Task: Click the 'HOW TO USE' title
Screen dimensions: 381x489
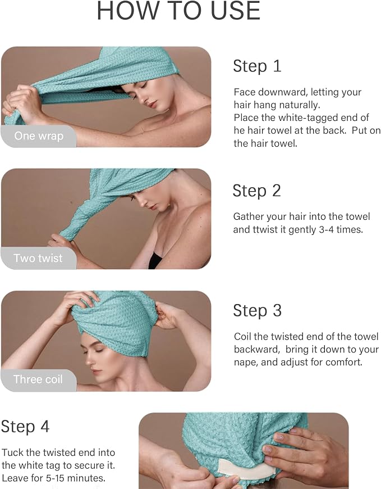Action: click(178, 11)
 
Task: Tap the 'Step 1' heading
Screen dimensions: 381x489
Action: click(257, 66)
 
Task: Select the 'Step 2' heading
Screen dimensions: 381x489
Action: click(257, 191)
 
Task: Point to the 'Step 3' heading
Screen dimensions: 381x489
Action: click(258, 311)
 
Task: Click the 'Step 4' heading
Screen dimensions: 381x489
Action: click(25, 426)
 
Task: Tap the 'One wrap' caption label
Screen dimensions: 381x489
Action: click(39, 136)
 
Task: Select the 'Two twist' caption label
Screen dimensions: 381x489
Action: click(38, 258)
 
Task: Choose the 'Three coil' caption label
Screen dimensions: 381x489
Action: click(38, 379)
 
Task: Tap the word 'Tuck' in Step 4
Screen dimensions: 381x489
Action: click(12, 452)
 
